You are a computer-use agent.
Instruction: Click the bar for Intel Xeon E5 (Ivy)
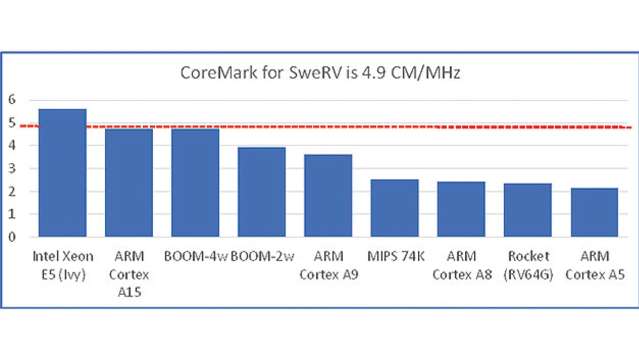(x=62, y=173)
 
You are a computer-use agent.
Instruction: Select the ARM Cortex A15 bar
(x=129, y=183)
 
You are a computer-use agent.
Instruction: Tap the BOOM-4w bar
(x=195, y=183)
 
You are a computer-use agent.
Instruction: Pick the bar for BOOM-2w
(x=262, y=192)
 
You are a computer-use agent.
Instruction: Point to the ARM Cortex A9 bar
(x=328, y=195)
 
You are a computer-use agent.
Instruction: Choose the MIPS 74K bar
(x=394, y=208)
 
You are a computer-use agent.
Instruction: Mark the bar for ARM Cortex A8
(x=461, y=209)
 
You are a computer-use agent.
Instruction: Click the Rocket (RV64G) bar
(x=527, y=210)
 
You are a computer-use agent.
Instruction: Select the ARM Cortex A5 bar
(x=594, y=212)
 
